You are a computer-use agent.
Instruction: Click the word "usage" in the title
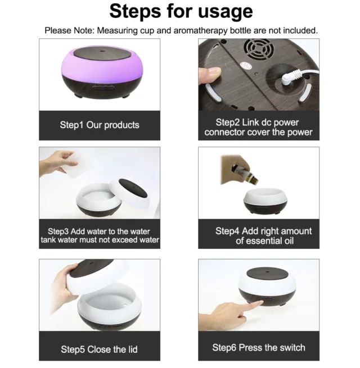click(226, 12)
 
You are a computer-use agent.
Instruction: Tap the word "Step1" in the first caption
click(71, 125)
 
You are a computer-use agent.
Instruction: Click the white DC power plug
click(291, 78)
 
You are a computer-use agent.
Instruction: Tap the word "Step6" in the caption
click(224, 348)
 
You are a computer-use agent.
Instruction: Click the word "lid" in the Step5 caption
click(133, 349)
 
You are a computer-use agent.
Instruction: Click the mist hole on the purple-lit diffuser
click(102, 51)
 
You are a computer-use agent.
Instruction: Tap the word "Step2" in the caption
click(228, 122)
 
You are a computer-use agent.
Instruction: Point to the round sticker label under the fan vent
click(246, 66)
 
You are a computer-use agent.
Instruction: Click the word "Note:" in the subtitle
click(84, 30)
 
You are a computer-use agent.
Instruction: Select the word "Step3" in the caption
click(58, 231)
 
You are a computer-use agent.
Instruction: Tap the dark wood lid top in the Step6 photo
click(268, 274)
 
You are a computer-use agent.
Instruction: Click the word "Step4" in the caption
click(227, 231)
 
